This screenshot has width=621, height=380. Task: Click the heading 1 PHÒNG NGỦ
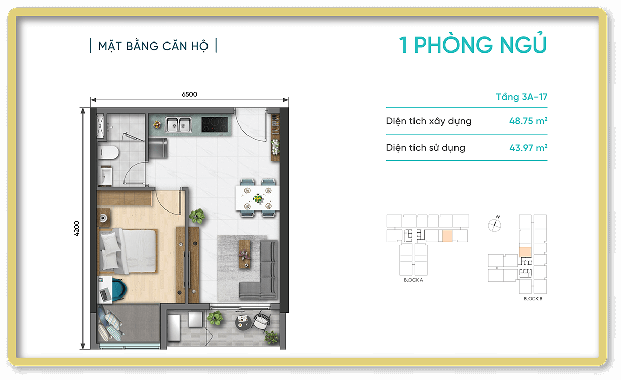point(473,45)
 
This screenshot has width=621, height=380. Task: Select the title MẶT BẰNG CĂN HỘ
point(153,46)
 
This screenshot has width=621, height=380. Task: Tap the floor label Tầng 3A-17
point(521,97)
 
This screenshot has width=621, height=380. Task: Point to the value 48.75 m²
point(528,121)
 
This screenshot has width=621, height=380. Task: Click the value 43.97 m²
point(528,148)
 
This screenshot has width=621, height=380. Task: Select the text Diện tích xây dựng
point(428,121)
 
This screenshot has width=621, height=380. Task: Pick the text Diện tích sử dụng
point(425,148)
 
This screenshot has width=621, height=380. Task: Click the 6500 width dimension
point(189,94)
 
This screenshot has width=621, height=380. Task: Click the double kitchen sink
point(178,124)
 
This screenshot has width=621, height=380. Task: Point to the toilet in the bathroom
point(109,152)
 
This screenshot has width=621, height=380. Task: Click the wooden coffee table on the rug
point(244,252)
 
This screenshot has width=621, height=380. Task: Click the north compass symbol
point(494,224)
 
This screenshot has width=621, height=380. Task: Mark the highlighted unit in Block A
point(447,236)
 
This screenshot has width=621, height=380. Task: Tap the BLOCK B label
point(532,299)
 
